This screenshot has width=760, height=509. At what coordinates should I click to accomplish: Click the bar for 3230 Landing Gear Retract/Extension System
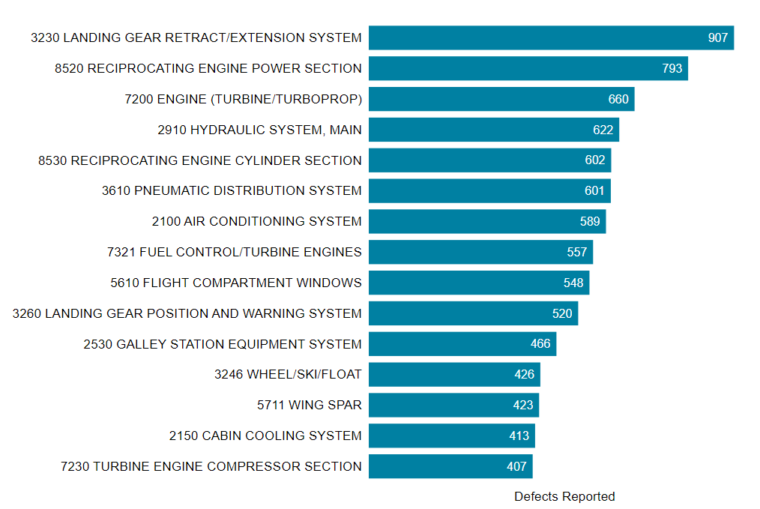[551, 37]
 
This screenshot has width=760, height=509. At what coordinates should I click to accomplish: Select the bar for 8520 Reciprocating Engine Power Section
[528, 68]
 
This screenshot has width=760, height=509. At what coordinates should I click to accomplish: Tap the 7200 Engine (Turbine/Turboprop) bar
[501, 99]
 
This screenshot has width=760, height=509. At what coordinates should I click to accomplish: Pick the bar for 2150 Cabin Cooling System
[451, 436]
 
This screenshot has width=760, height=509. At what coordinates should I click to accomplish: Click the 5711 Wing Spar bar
[453, 405]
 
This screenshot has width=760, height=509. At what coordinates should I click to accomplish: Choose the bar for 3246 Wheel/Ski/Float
[454, 374]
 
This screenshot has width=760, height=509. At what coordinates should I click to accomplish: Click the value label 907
[717, 37]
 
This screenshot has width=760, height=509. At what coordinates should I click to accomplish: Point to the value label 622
[603, 130]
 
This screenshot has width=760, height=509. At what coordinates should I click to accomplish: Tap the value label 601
[594, 191]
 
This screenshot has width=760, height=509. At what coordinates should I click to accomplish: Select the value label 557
[577, 252]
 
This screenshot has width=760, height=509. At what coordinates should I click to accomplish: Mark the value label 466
[540, 344]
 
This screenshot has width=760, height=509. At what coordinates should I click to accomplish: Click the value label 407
[516, 466]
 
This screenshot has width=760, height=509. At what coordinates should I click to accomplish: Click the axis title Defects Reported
[564, 496]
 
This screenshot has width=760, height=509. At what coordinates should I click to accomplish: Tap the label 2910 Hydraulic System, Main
[259, 130]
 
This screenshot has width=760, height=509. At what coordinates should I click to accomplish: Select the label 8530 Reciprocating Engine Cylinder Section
[200, 160]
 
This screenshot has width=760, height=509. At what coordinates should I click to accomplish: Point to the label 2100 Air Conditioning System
[256, 221]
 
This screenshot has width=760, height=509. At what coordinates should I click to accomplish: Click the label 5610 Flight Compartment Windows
[236, 283]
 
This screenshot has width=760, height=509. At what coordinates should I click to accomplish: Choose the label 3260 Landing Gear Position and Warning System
[187, 313]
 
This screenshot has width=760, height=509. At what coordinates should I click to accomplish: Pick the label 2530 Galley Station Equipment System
[223, 344]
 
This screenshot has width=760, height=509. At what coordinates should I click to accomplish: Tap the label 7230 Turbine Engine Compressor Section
[211, 466]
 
